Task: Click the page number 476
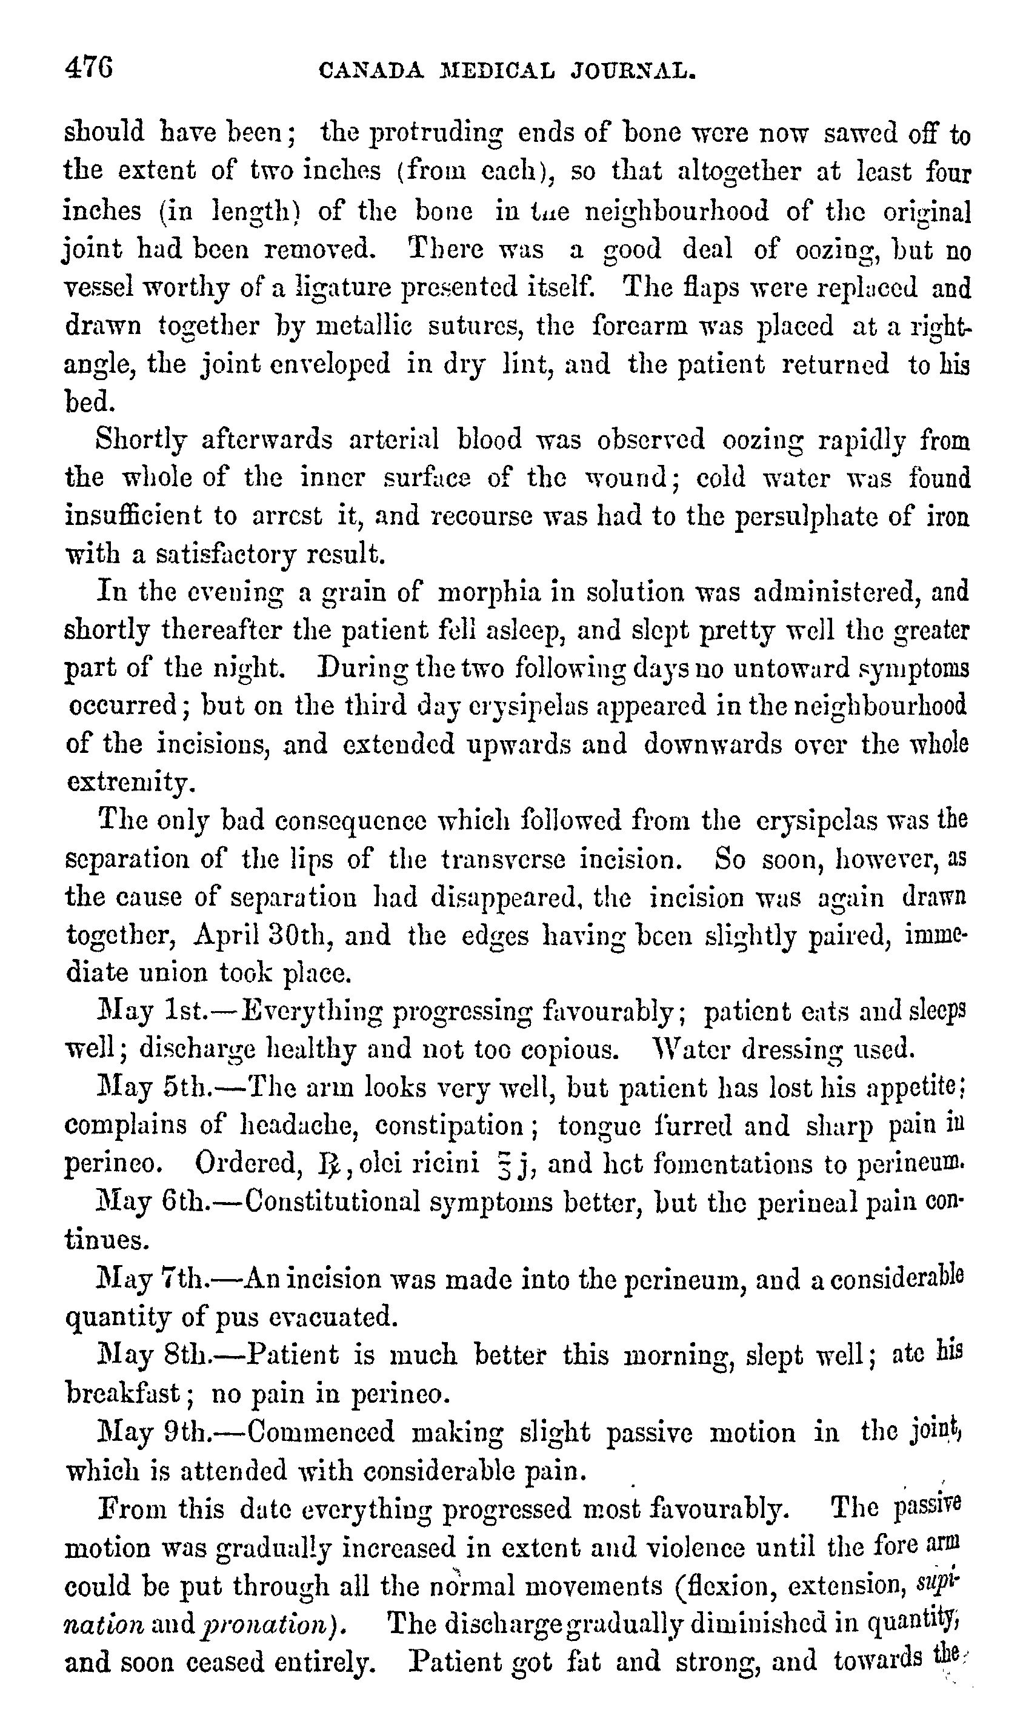pyautogui.click(x=89, y=68)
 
